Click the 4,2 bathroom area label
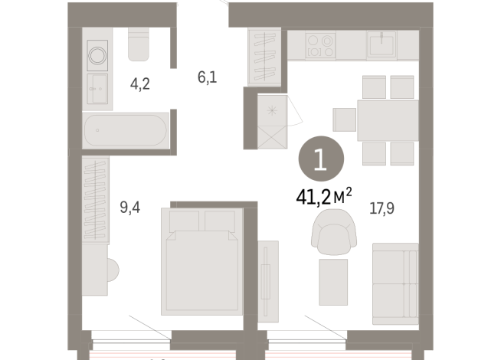click(x=139, y=84)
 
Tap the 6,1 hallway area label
click(x=207, y=77)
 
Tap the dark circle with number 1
click(x=320, y=159)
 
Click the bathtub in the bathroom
click(x=125, y=131)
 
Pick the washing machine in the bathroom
click(x=98, y=55)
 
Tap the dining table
click(x=388, y=120)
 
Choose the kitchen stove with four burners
click(x=321, y=46)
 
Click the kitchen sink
click(x=381, y=44)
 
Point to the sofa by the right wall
click(x=395, y=283)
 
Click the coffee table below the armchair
click(x=333, y=281)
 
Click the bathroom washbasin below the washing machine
click(x=97, y=90)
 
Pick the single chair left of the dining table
click(x=345, y=120)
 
